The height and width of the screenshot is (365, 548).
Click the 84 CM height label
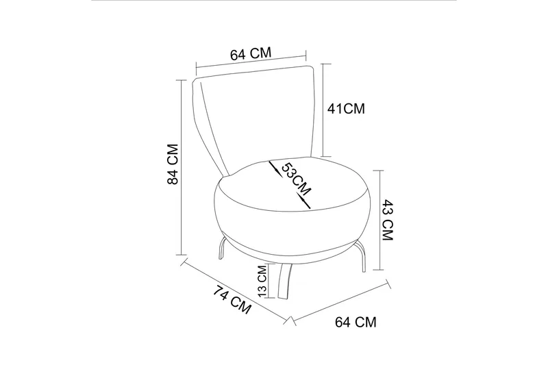(x=173, y=164)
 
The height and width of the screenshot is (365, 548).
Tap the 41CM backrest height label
(x=346, y=109)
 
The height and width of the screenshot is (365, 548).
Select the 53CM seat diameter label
(x=296, y=179)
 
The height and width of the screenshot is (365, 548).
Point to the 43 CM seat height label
(x=388, y=220)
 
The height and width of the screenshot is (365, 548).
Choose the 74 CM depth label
(x=232, y=300)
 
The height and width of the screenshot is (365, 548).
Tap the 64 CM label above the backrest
(x=251, y=54)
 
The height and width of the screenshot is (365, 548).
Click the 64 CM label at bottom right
(x=356, y=322)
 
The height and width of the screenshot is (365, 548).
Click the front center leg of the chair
(x=284, y=281)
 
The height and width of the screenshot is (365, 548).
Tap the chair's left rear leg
(x=222, y=248)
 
